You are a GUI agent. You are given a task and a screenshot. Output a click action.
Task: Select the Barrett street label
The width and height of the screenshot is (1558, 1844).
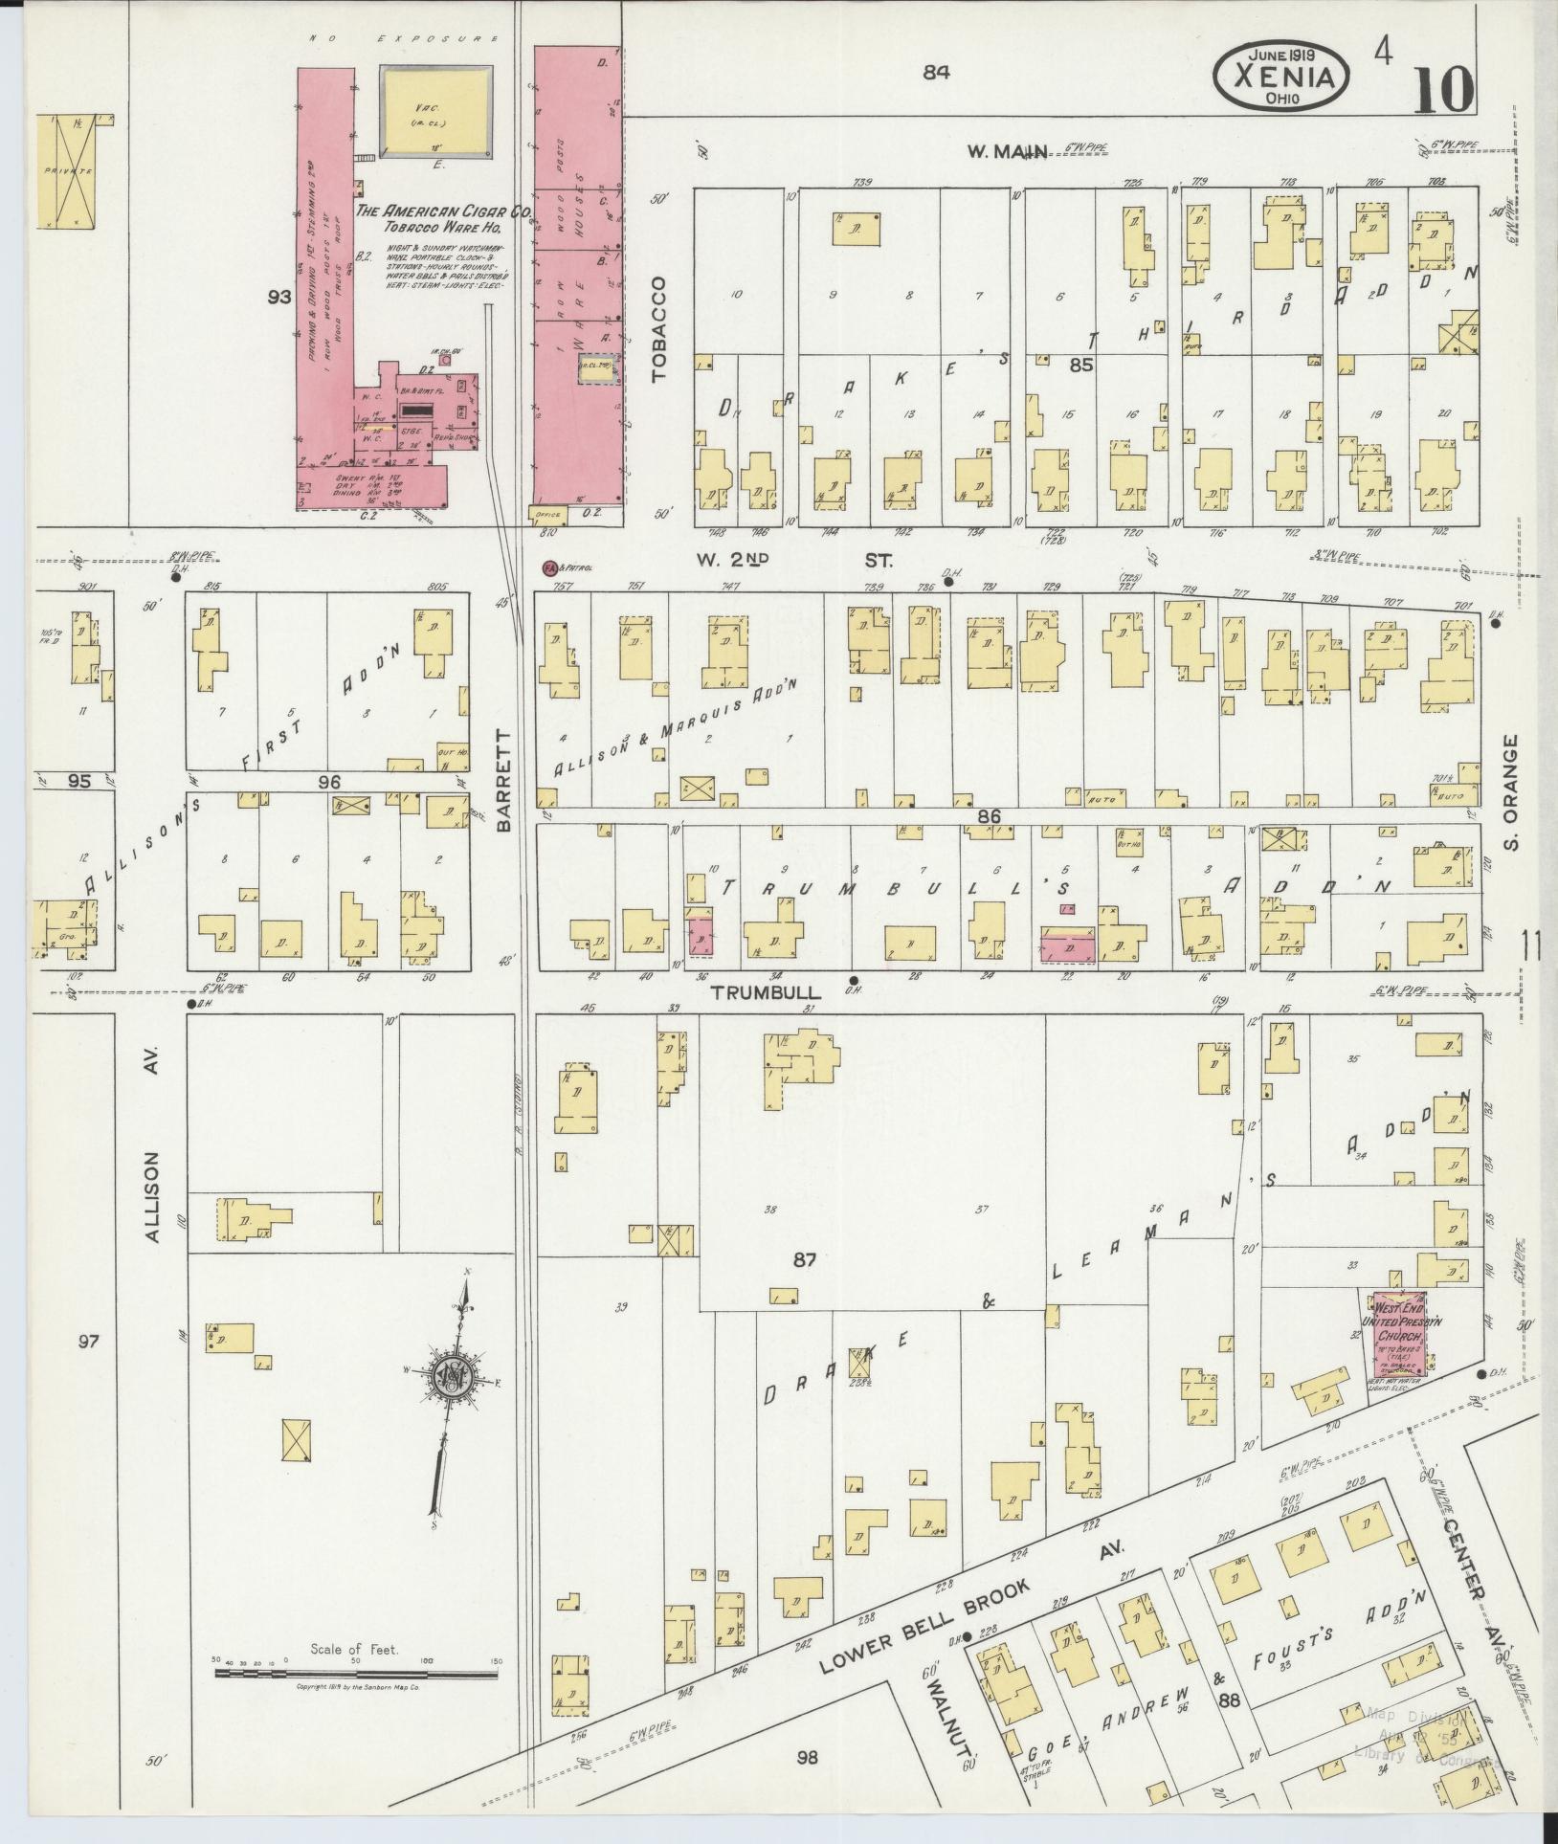click(x=504, y=777)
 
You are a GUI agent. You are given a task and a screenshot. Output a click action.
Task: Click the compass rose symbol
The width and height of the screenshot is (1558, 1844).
click(x=451, y=1381)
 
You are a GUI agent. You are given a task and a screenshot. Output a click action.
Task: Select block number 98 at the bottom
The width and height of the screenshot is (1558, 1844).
click(x=807, y=1757)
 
